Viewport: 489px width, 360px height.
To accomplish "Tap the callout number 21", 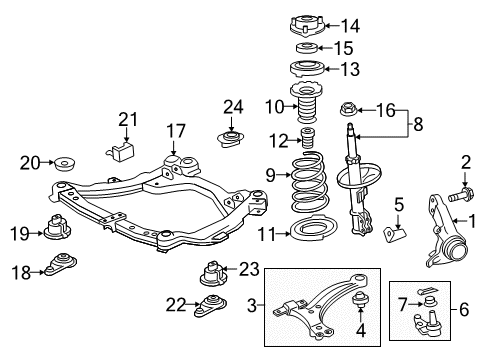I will pos(126,120).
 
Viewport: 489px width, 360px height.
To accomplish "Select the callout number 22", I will pos(174,304).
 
